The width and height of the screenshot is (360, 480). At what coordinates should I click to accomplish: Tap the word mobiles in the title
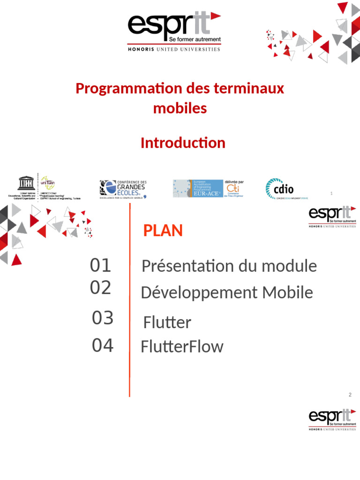pyautogui.click(x=180, y=108)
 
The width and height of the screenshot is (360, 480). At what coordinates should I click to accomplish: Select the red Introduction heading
pyautogui.click(x=183, y=143)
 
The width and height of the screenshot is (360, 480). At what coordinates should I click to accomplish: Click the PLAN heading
pyautogui.click(x=163, y=231)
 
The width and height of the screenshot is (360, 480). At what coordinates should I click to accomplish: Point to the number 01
pyautogui.click(x=100, y=266)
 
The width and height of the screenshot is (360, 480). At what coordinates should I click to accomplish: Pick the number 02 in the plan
pyautogui.click(x=100, y=287)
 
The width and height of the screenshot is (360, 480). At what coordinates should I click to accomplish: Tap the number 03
pyautogui.click(x=103, y=318)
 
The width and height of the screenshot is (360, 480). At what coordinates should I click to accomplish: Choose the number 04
pyautogui.click(x=103, y=346)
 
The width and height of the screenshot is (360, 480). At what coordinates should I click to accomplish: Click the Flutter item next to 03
pyautogui.click(x=167, y=322)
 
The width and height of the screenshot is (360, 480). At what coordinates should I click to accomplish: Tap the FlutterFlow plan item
pyautogui.click(x=182, y=347)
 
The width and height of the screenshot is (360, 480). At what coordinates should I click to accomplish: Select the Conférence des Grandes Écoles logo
pyautogui.click(x=123, y=189)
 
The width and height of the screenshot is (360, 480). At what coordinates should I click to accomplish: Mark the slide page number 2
pyautogui.click(x=350, y=395)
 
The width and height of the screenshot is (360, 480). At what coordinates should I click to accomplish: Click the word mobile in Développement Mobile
pyautogui.click(x=287, y=293)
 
